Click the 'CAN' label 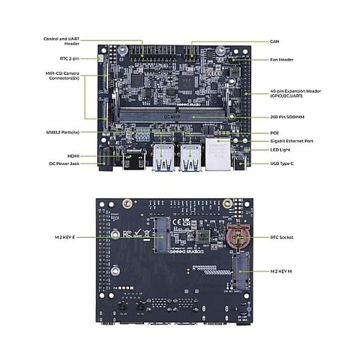[x=274, y=42]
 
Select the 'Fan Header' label [x=282, y=59]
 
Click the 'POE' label [x=274, y=132]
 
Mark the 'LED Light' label [x=280, y=150]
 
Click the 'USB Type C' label [x=284, y=165]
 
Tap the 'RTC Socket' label [x=282, y=237]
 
